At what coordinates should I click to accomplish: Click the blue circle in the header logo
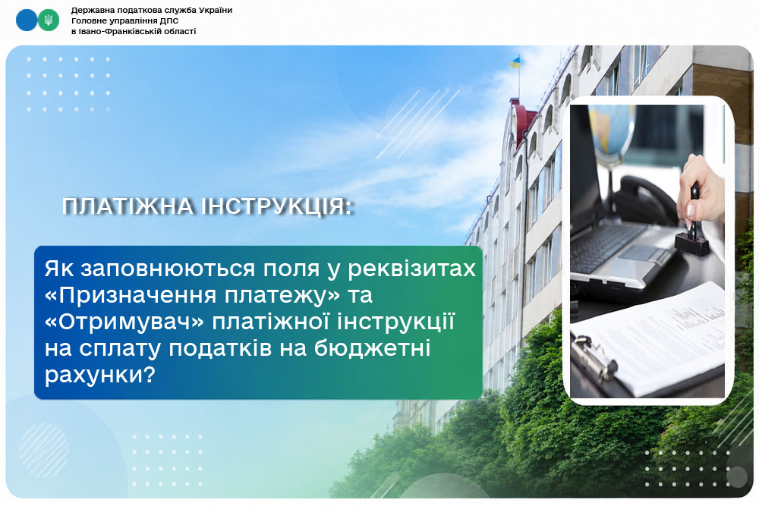(x=27, y=20)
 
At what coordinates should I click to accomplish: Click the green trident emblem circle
(x=49, y=20)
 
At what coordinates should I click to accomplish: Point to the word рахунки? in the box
(x=99, y=375)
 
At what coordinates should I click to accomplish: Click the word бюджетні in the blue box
(x=373, y=348)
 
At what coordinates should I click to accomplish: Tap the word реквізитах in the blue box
(x=411, y=269)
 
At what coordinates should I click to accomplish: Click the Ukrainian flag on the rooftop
(x=515, y=62)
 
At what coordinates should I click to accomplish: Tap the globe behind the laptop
(x=613, y=130)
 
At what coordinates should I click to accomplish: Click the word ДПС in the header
(x=170, y=20)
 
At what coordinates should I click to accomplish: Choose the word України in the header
(x=216, y=10)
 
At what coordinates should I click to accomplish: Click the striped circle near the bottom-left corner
(x=44, y=450)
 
